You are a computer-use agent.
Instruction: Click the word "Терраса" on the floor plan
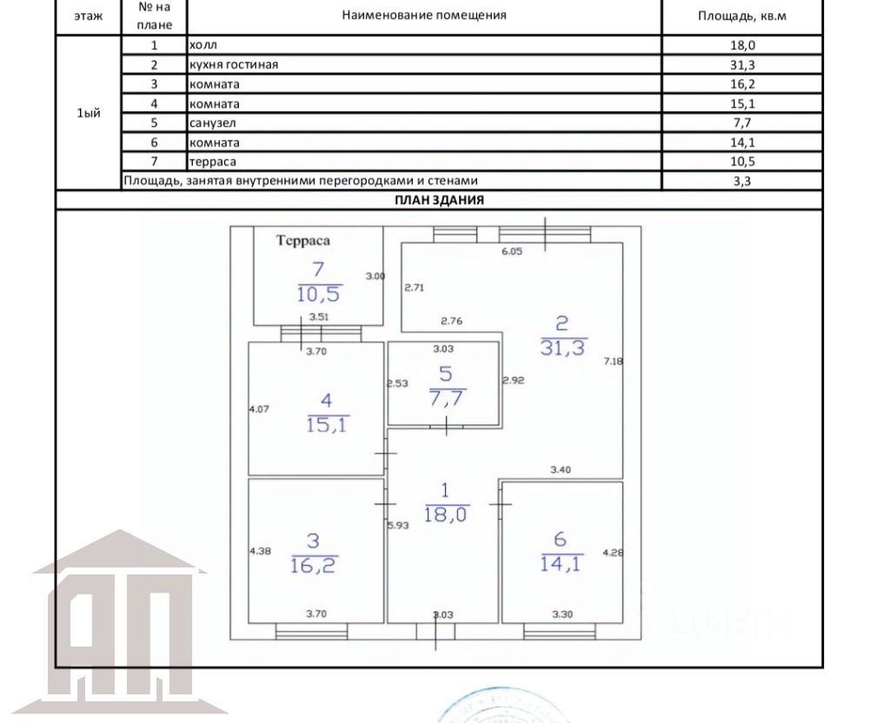pyautogui.click(x=303, y=241)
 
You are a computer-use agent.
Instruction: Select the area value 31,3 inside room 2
pyautogui.click(x=562, y=348)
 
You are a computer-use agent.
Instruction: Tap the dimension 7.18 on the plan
pyautogui.click(x=614, y=361)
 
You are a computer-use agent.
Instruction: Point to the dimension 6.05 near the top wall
pyautogui.click(x=512, y=251)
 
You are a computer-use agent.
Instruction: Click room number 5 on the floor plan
pyautogui.click(x=446, y=374)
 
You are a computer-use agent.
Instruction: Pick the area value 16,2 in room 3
pyautogui.click(x=313, y=565)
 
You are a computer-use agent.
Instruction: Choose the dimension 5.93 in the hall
pyautogui.click(x=398, y=526)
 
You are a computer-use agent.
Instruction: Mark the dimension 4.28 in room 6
pyautogui.click(x=613, y=552)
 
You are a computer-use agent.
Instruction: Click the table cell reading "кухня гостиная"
pyautogui.click(x=233, y=64)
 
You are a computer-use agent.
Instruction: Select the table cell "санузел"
pyautogui.click(x=212, y=123)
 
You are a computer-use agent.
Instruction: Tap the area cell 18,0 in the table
pyautogui.click(x=742, y=45)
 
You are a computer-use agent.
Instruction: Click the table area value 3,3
pyautogui.click(x=742, y=181)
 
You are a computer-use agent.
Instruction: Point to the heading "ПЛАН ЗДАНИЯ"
pyautogui.click(x=439, y=201)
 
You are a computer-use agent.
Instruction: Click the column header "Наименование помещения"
pyautogui.click(x=424, y=16)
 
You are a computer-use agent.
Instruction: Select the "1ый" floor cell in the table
pyautogui.click(x=89, y=113)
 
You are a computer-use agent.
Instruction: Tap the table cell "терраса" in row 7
pyautogui.click(x=212, y=162)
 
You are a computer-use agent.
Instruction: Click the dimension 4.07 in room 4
pyautogui.click(x=259, y=408)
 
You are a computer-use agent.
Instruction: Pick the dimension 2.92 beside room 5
pyautogui.click(x=514, y=381)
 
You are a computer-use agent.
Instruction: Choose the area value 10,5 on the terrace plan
pyautogui.click(x=319, y=294)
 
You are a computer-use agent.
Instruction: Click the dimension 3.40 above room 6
pyautogui.click(x=561, y=470)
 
